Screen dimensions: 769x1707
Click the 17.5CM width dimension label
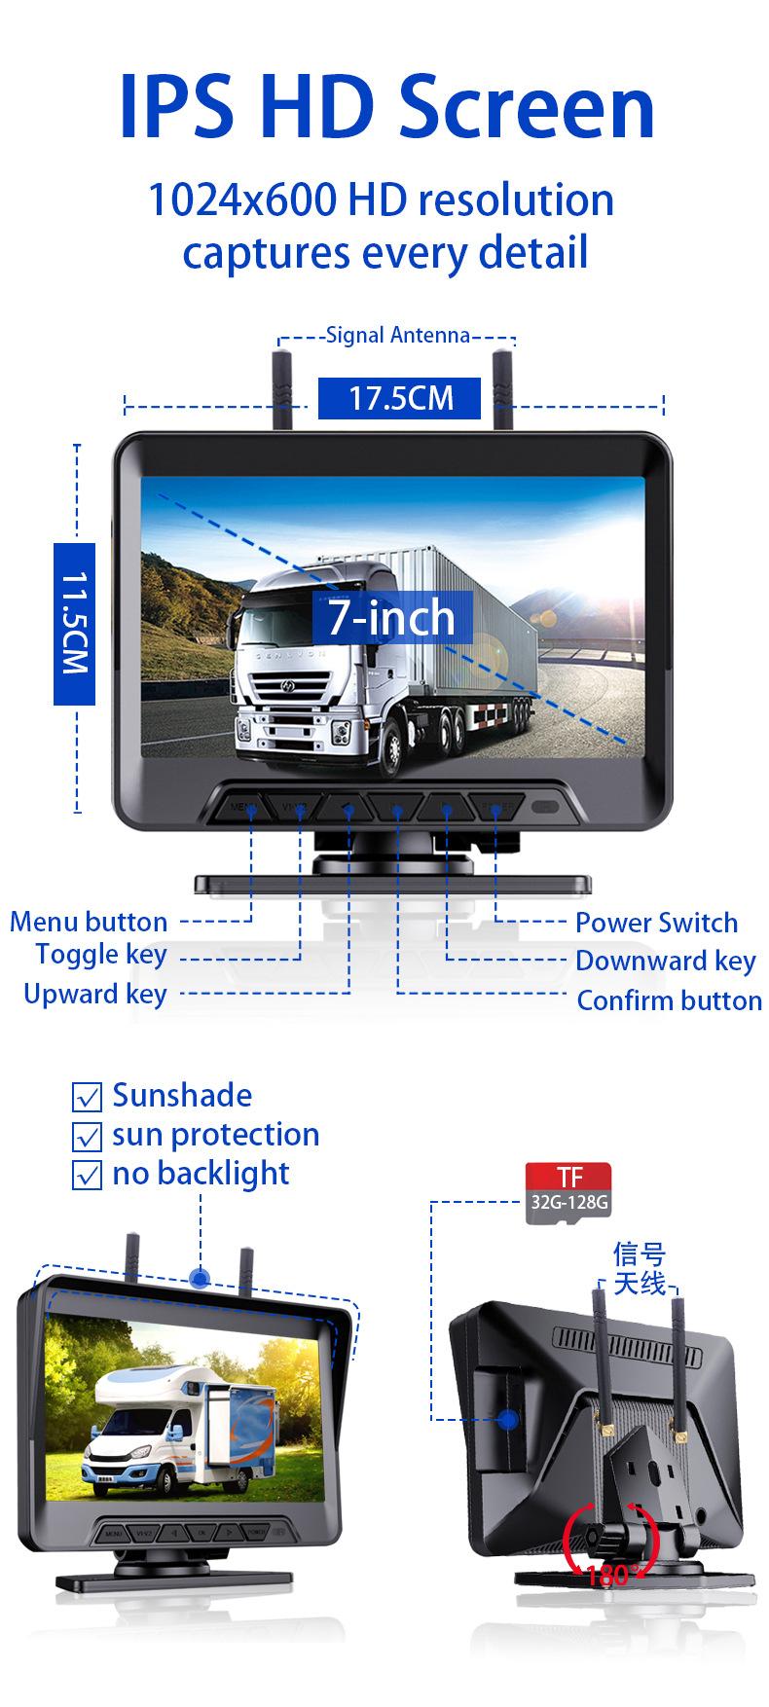click(x=401, y=399)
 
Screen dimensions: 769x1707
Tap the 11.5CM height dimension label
click(x=74, y=623)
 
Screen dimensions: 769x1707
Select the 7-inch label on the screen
click(x=391, y=617)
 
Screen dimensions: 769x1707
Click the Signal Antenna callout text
click(x=397, y=336)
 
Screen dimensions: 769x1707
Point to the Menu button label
click(x=89, y=922)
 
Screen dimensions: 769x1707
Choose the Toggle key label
click(x=101, y=955)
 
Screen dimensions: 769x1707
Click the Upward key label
click(x=95, y=995)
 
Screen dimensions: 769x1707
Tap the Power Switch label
click(x=656, y=923)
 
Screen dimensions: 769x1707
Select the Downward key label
click(x=666, y=962)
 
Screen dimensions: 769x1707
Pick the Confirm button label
click(x=670, y=1001)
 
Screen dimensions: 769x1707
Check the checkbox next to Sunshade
click(x=88, y=1098)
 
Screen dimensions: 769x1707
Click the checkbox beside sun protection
click(x=88, y=1137)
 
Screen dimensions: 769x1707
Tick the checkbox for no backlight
click(x=88, y=1176)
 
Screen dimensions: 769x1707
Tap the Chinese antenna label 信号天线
click(x=640, y=1269)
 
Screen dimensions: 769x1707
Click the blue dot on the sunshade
click(x=201, y=1278)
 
